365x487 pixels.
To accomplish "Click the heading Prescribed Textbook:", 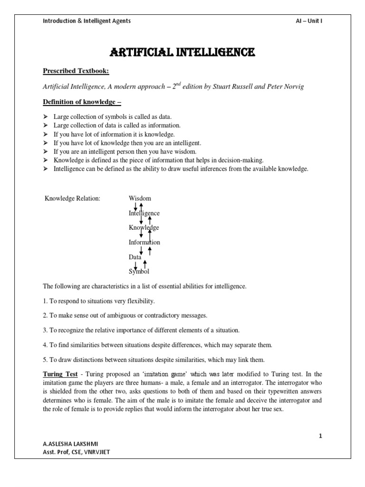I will [x=76, y=71].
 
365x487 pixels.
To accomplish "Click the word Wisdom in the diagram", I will [x=140, y=198].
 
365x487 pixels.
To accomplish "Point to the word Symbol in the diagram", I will [x=139, y=272].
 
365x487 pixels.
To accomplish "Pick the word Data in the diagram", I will [x=135, y=257].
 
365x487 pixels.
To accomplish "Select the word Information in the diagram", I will [x=144, y=242].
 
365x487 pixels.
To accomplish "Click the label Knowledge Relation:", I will [x=72, y=198].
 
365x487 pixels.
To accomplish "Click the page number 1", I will [x=320, y=436].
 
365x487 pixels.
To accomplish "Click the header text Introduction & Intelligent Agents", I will [x=87, y=21].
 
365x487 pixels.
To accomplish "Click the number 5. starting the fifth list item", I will [x=46, y=359].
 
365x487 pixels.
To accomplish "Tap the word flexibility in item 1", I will [x=140, y=301].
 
